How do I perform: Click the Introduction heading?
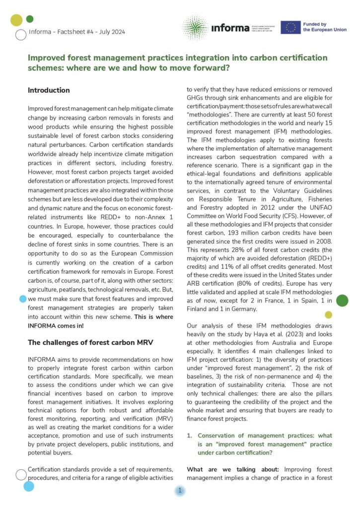coord(49,90)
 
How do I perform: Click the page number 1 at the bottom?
coord(180,491)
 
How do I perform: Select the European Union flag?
coord(290,27)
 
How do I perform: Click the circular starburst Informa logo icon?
coord(195,28)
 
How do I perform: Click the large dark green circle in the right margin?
coord(342,300)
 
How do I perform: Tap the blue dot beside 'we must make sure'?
coord(22,299)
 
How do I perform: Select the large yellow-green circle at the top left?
coord(16,20)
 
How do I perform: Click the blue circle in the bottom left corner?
coord(28,486)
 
